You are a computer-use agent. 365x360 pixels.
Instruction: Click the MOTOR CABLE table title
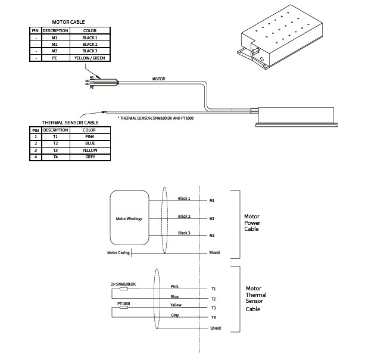(69, 22)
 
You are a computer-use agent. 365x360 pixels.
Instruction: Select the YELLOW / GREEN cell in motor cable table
(89, 58)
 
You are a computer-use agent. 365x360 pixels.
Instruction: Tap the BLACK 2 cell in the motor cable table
(89, 44)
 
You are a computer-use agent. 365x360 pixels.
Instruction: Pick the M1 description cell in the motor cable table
(54, 37)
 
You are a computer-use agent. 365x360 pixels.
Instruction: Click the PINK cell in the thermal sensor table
(89, 136)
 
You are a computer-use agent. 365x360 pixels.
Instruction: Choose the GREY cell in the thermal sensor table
(89, 157)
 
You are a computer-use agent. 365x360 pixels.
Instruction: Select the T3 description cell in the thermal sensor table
(55, 150)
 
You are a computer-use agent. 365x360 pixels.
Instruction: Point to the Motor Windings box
(129, 219)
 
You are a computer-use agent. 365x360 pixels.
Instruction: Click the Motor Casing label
(117, 252)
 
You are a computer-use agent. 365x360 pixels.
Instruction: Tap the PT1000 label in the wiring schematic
(124, 303)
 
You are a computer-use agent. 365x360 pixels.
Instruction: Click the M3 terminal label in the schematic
(212, 236)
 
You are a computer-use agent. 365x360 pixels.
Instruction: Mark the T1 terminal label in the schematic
(213, 289)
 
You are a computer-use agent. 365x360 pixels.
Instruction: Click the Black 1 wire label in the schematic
(185, 198)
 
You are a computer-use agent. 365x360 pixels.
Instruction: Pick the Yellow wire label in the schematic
(176, 305)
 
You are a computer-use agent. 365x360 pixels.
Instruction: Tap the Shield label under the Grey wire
(215, 328)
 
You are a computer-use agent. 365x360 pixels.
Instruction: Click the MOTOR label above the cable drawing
(158, 78)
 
